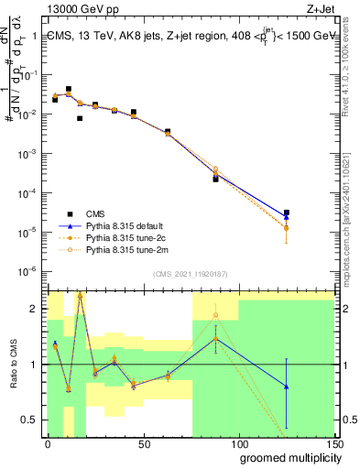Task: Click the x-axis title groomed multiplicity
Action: [x=286, y=457]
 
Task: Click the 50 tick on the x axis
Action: [x=143, y=444]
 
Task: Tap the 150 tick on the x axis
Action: [x=334, y=444]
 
